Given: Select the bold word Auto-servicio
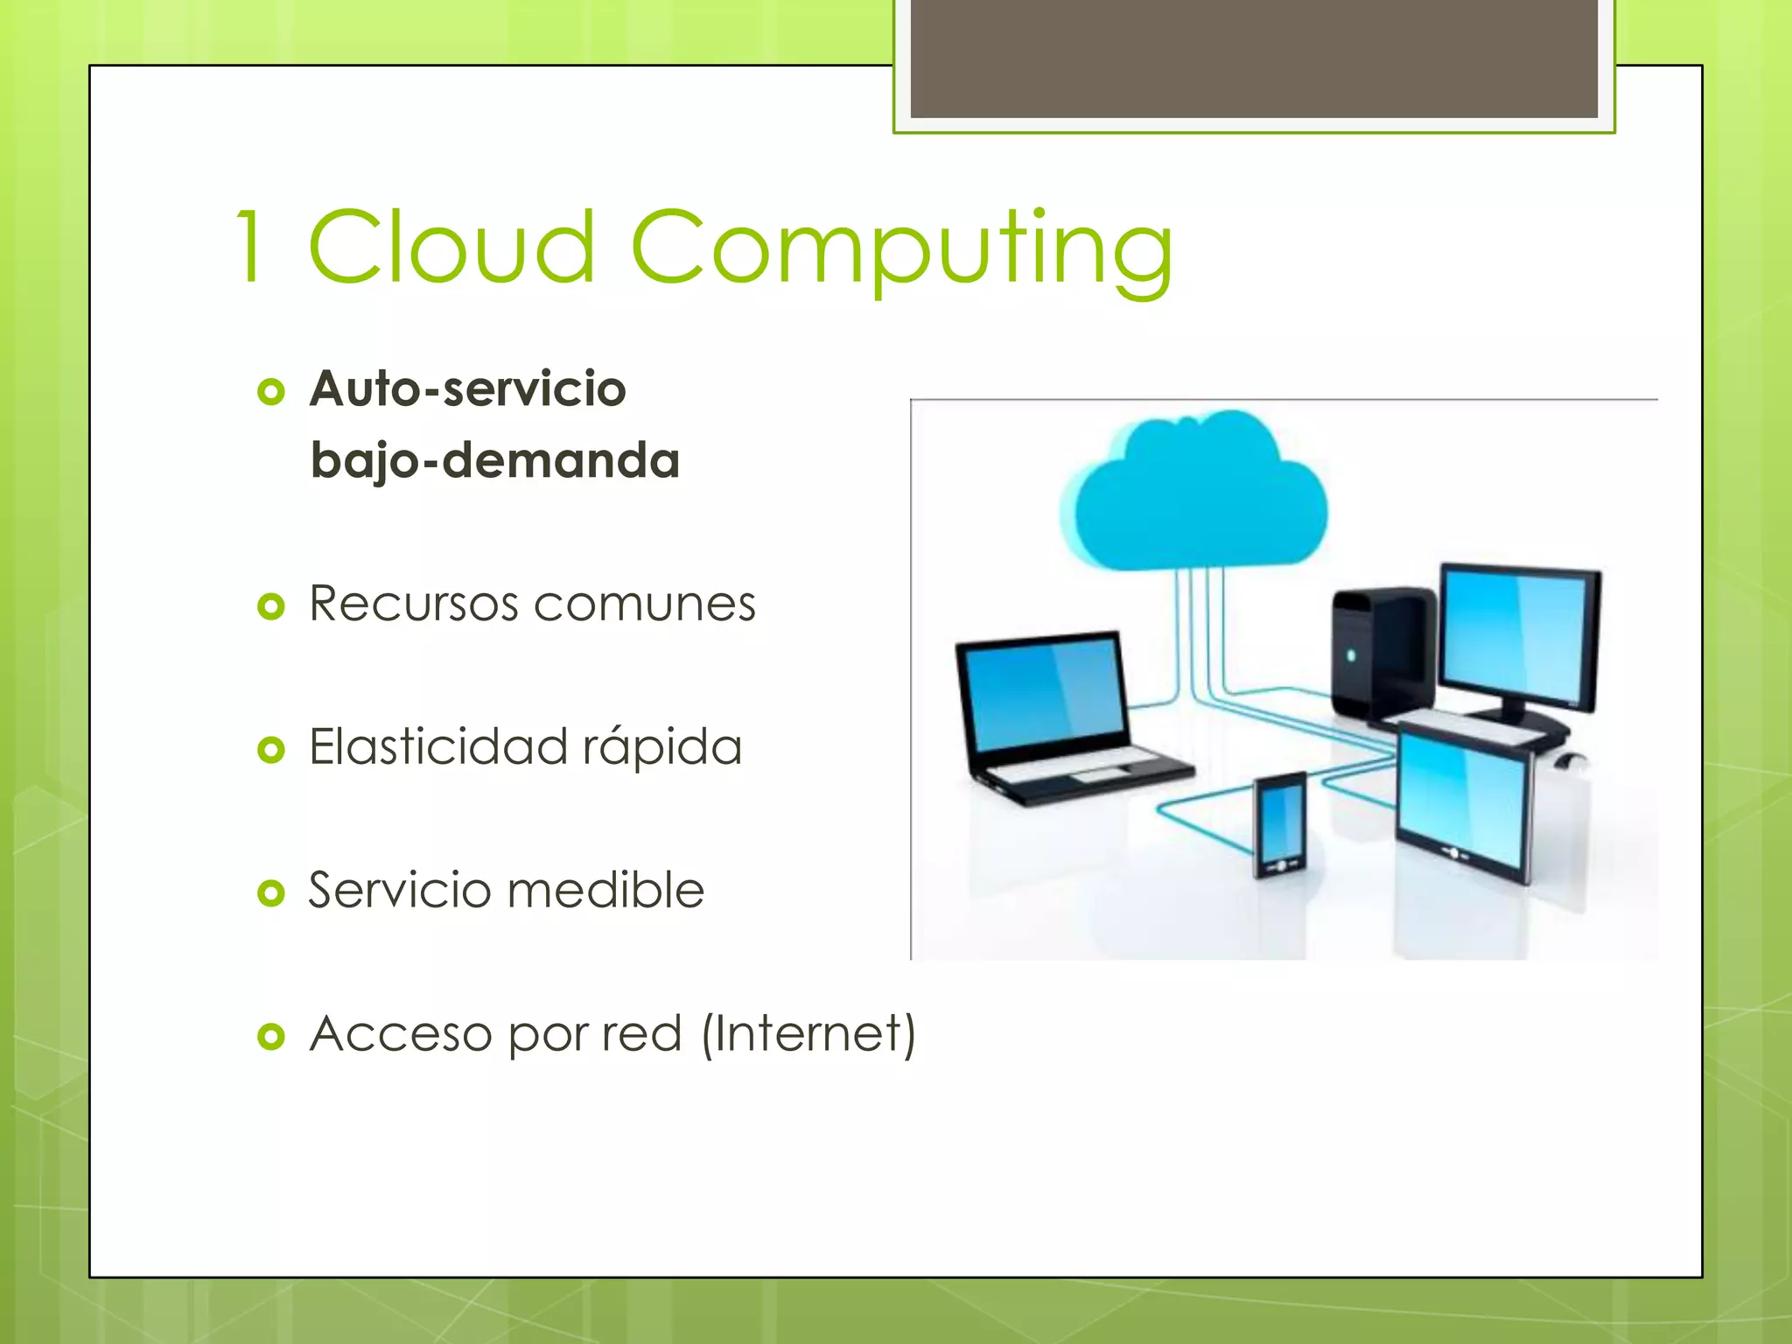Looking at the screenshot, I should point(468,388).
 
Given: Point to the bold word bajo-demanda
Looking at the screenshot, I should point(495,460).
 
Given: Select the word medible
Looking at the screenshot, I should point(605,891).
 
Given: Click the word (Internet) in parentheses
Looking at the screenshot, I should point(808,1034).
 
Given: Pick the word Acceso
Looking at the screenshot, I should point(401,1034).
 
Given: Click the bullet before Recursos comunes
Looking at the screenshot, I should point(271,606).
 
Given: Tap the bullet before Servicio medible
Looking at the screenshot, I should point(271,893).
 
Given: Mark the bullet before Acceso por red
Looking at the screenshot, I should point(271,1037).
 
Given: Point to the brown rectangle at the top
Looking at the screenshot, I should point(1254,58).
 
